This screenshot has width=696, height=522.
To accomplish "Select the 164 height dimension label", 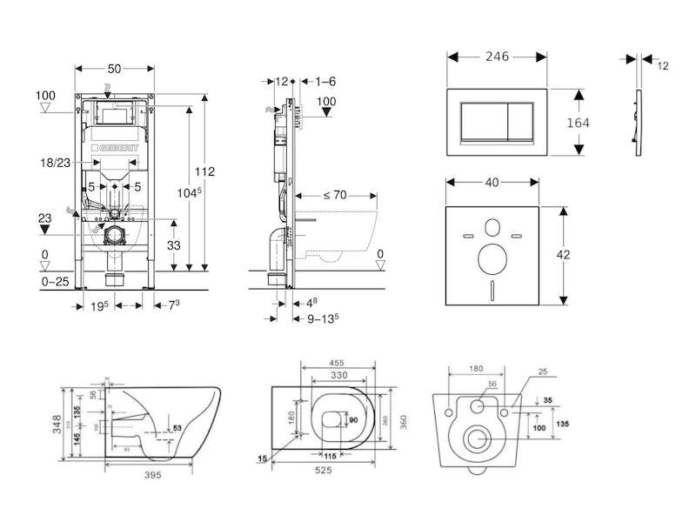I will tap(578, 123).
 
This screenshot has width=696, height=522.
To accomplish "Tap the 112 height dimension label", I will tap(205, 171).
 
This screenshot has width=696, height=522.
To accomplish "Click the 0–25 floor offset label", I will tap(54, 282).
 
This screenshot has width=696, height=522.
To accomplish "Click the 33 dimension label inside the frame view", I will tap(174, 245).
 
